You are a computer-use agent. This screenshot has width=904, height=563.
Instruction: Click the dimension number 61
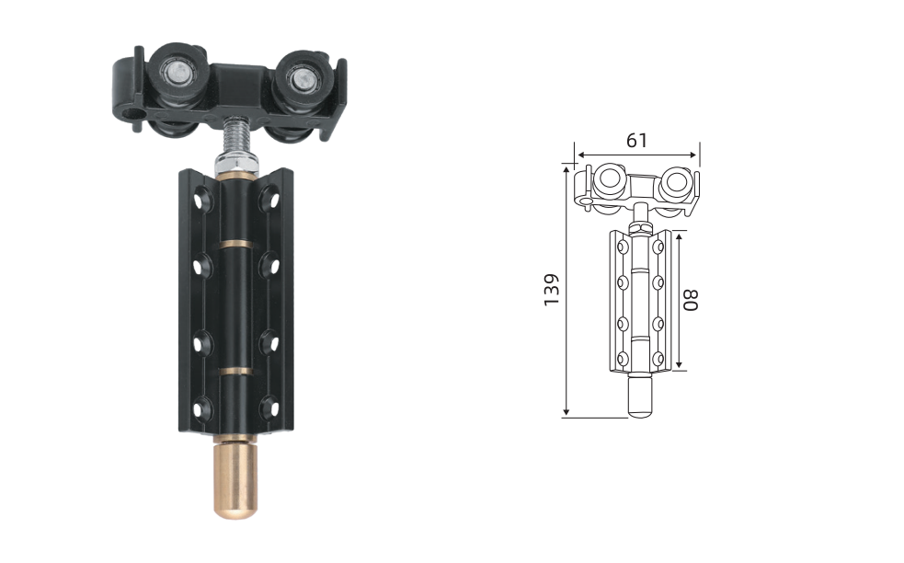coord(636,140)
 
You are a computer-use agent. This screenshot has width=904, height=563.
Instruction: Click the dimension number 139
coord(552,290)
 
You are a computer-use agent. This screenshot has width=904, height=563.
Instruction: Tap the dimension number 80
coord(691,300)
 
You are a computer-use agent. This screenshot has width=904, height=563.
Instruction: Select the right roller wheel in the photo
coord(301,81)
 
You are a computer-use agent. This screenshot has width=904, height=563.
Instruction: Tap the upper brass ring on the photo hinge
coord(236,244)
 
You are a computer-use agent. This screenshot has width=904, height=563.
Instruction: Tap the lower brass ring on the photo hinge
coord(236,372)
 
